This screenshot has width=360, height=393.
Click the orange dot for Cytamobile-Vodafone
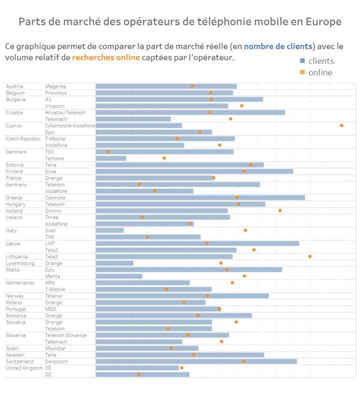pyautogui.click(x=342, y=125)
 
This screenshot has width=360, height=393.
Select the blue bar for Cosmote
pyautogui.click(x=200, y=198)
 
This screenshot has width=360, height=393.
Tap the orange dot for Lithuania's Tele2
pyautogui.click(x=310, y=257)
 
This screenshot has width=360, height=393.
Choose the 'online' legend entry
pyautogui.click(x=320, y=72)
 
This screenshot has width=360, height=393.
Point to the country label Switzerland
pyautogui.click(x=20, y=362)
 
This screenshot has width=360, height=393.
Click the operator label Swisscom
pyautogui.click(x=57, y=362)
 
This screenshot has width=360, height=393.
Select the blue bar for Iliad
pyautogui.click(x=110, y=230)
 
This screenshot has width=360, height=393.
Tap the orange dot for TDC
pyautogui.click(x=108, y=151)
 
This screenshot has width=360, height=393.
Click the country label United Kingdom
pyautogui.click(x=24, y=368)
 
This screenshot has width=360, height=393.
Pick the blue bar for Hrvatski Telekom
pyautogui.click(x=190, y=113)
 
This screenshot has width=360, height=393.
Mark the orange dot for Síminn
pyautogui.click(x=280, y=211)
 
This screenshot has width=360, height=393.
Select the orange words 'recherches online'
pyautogui.click(x=106, y=58)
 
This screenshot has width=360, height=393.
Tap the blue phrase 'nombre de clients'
pyautogui.click(x=278, y=46)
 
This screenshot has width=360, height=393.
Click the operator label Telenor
pyautogui.click(x=54, y=296)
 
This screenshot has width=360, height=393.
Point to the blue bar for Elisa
pyautogui.click(x=195, y=172)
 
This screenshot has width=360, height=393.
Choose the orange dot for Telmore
pyautogui.click(x=164, y=158)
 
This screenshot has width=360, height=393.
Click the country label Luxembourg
pyautogui.click(x=20, y=263)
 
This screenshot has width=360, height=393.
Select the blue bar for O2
pyautogui.click(x=142, y=374)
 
